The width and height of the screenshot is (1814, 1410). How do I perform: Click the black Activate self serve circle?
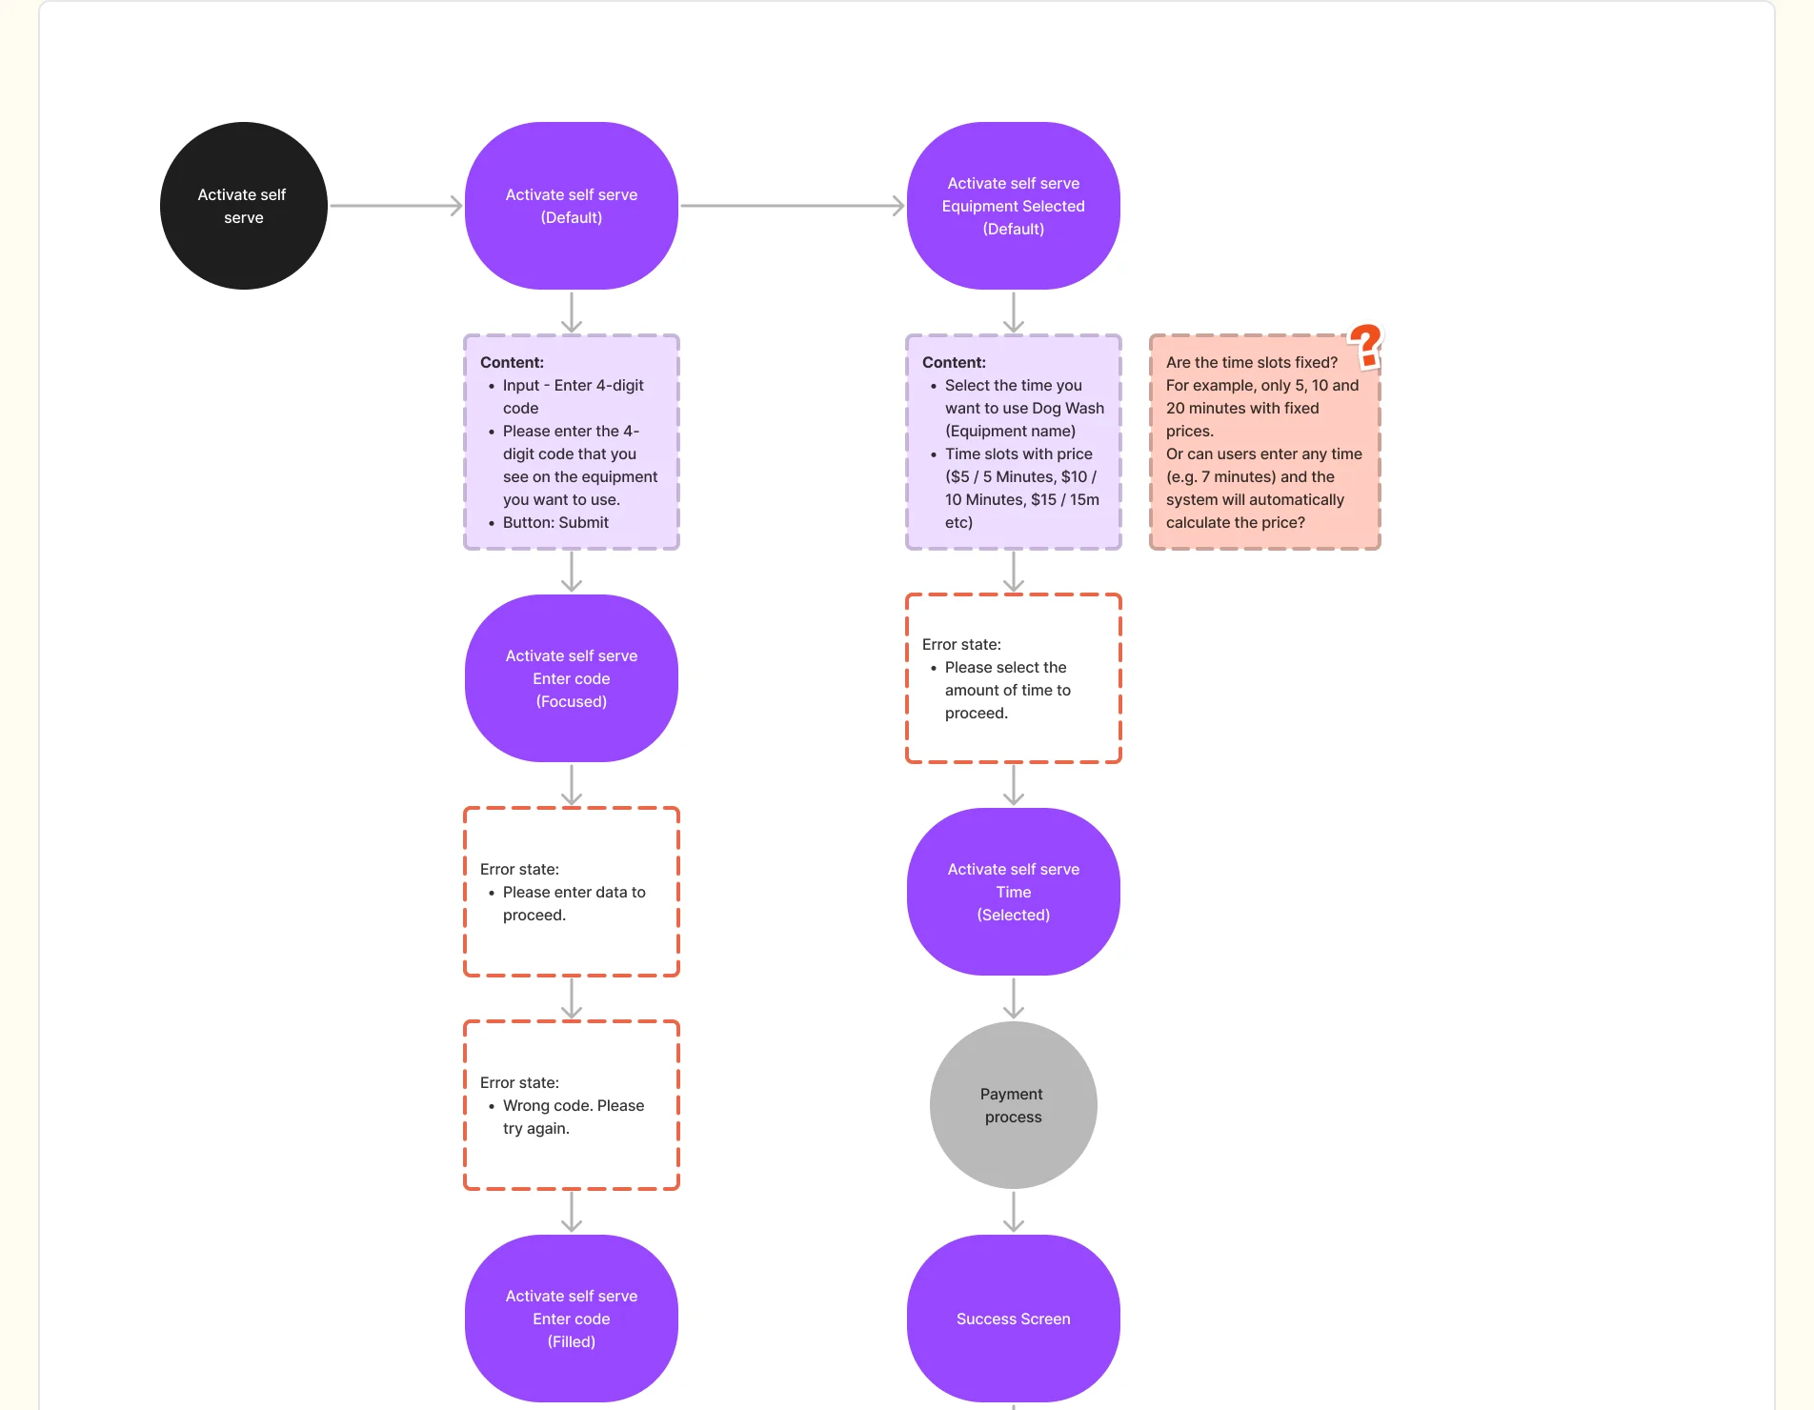click(244, 206)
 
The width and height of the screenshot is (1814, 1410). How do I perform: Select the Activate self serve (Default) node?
click(572, 206)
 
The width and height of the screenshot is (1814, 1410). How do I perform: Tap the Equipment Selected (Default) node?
click(1014, 206)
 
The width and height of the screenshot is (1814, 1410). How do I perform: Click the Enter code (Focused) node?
click(572, 678)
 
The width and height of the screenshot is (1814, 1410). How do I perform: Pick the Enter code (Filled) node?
click(572, 1319)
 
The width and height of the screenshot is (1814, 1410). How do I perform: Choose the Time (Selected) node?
click(1014, 892)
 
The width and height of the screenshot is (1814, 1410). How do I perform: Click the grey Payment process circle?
click(1014, 1105)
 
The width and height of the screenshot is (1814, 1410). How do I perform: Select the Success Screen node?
click(1014, 1319)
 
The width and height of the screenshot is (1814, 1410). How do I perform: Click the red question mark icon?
click(1366, 345)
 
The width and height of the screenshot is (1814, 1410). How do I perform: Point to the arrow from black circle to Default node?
click(396, 206)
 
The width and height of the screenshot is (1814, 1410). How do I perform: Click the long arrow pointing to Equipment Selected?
click(793, 206)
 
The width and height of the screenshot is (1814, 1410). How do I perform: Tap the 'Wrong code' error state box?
click(572, 1105)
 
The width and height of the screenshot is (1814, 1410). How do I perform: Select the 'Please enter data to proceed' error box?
click(572, 892)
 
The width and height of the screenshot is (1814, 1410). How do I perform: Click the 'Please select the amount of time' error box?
click(1014, 678)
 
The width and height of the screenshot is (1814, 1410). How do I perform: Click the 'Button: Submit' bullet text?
click(555, 522)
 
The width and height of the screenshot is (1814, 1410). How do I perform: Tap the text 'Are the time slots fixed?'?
click(1252, 362)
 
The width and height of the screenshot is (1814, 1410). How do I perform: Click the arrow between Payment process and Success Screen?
click(1014, 1212)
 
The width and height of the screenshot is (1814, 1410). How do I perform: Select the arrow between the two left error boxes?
click(572, 998)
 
